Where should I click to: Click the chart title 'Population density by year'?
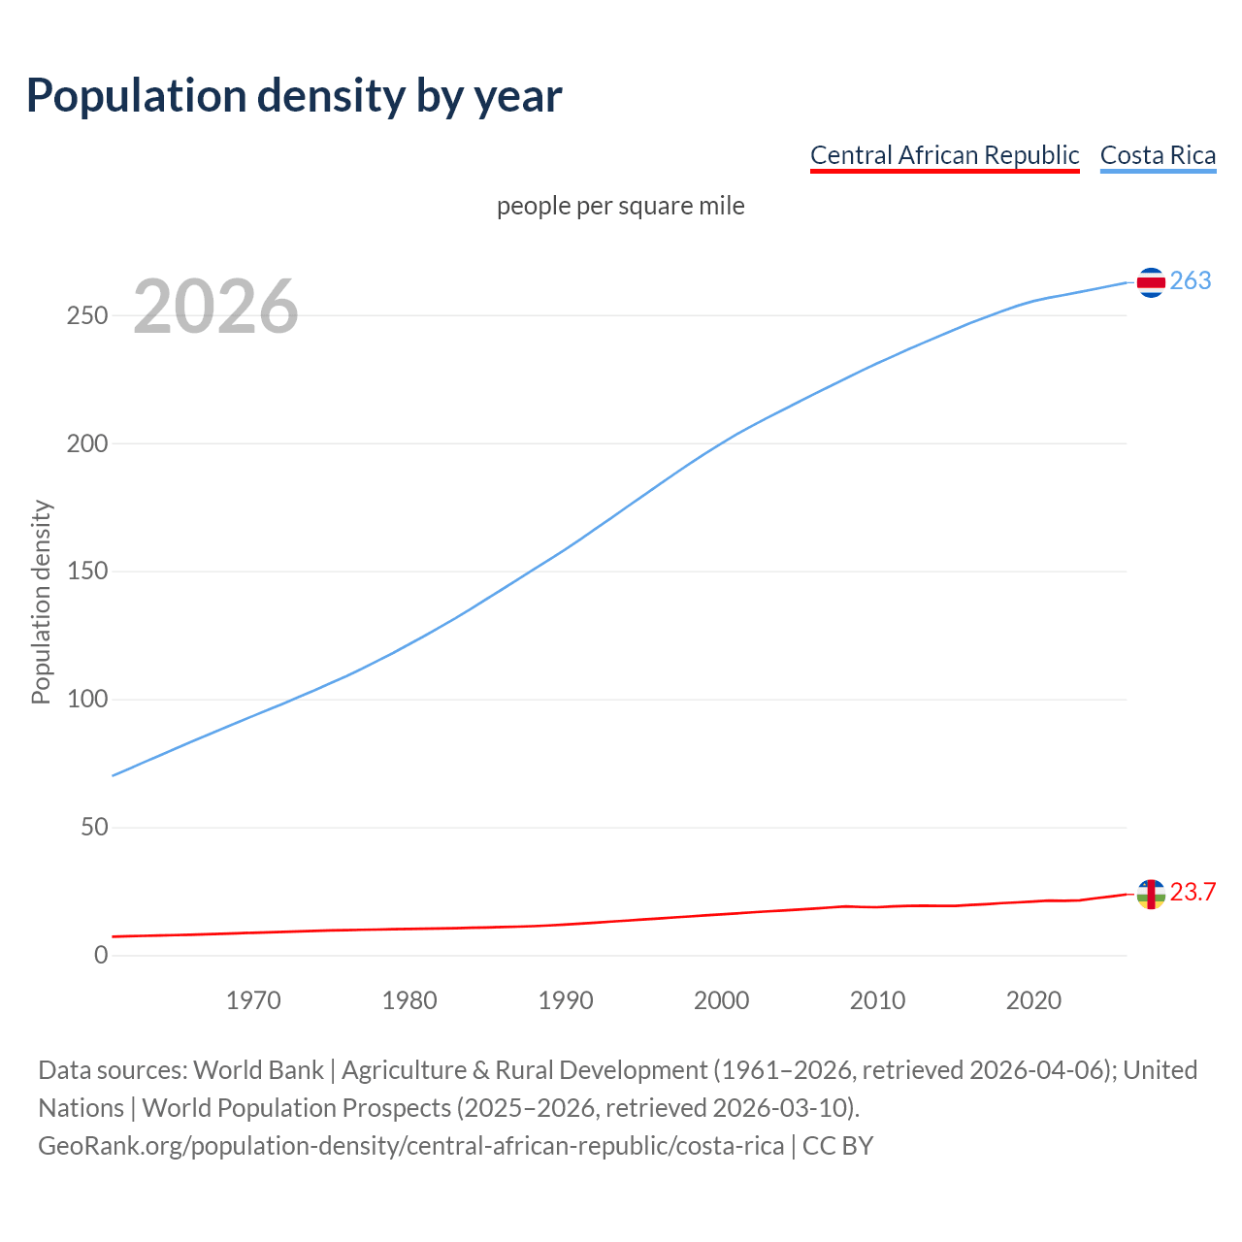(x=294, y=95)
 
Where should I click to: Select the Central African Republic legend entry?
(x=944, y=155)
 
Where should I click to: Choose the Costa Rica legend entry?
(x=1158, y=155)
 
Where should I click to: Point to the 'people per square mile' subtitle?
(x=620, y=206)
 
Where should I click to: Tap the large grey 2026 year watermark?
(x=215, y=307)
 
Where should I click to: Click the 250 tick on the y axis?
(x=87, y=315)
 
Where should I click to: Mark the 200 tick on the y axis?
(x=87, y=443)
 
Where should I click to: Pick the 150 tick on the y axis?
(x=87, y=572)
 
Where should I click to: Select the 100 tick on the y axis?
(x=87, y=700)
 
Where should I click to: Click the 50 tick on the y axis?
(x=94, y=828)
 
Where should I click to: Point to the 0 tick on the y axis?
(x=101, y=956)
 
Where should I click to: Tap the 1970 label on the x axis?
(x=253, y=1000)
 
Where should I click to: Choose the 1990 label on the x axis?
(x=566, y=1000)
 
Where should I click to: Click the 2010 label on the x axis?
(x=877, y=1000)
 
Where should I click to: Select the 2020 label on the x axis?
(x=1033, y=1000)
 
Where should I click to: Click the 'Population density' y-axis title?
(x=41, y=602)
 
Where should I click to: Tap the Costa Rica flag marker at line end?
(x=1151, y=282)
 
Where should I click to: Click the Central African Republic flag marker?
(x=1151, y=894)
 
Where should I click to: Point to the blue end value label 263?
(x=1191, y=280)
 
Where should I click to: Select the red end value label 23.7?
(x=1193, y=892)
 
